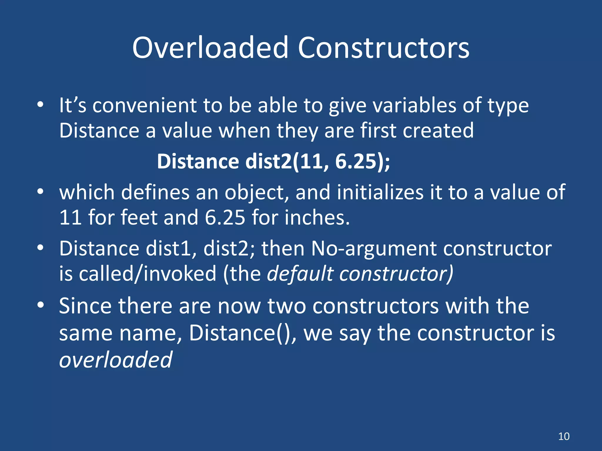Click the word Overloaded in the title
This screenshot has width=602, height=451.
[x=210, y=48]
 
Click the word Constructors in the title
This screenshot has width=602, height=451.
[x=384, y=48]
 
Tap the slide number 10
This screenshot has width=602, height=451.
[x=564, y=436]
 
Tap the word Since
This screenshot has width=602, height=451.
[x=86, y=306]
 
